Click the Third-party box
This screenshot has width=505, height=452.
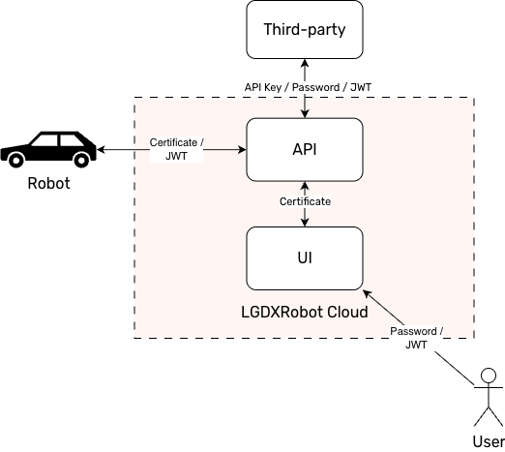point(305,29)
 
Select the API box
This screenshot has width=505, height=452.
point(305,149)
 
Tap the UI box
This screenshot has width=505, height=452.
point(305,257)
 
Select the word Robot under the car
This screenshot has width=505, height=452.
point(47,184)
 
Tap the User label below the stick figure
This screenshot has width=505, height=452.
point(488,441)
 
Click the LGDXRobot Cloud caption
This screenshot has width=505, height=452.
point(305,313)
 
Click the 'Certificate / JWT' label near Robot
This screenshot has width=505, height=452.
point(175,150)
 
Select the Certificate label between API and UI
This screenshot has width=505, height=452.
point(306,202)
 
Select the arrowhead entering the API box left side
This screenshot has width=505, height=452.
point(241,149)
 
